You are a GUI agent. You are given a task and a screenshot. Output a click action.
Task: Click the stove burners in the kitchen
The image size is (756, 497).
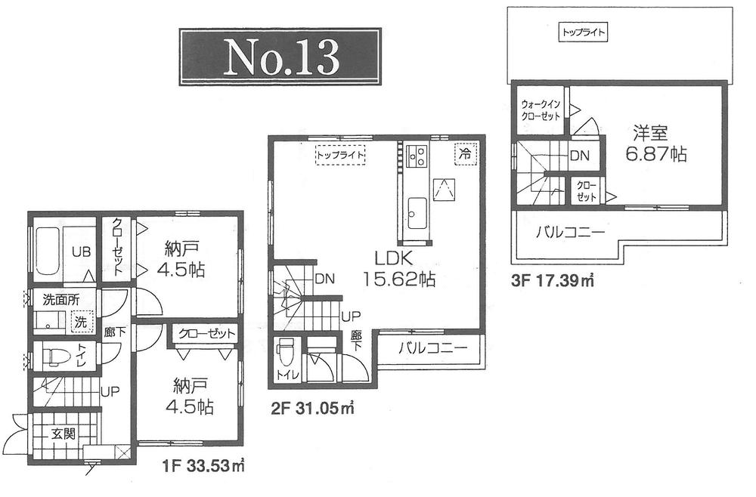pos(417,156)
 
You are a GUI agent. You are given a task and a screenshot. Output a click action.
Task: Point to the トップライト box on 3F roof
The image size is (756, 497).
pos(584,32)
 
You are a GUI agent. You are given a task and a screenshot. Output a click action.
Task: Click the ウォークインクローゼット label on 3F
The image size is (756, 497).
pos(540,111)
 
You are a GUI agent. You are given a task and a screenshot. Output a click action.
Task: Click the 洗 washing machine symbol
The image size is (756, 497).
pos(80,322)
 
